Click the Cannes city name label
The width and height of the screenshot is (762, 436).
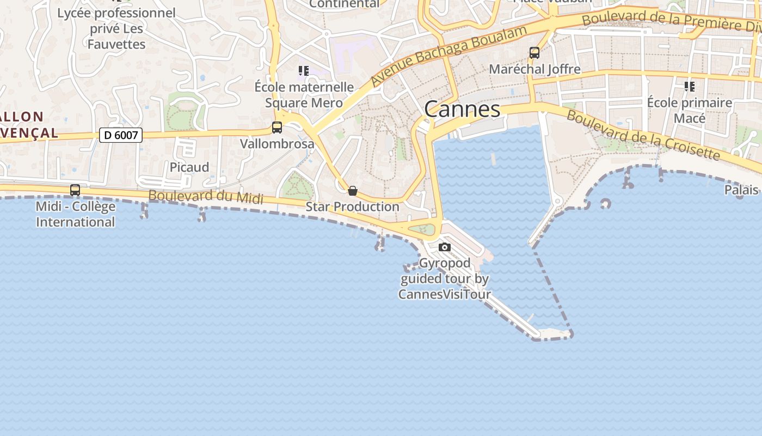(462, 109)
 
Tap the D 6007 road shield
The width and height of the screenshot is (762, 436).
(120, 135)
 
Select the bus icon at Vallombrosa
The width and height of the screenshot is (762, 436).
(277, 128)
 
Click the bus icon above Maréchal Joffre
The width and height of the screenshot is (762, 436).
(534, 53)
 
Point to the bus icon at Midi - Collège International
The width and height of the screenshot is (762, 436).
(75, 190)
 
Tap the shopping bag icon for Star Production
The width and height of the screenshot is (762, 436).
(353, 191)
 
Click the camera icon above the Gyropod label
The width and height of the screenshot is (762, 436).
(445, 247)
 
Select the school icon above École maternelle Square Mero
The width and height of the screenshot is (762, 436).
(304, 71)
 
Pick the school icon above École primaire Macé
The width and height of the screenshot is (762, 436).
(690, 86)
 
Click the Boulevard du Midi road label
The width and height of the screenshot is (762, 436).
(206, 197)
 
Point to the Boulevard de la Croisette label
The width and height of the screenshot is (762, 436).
(643, 135)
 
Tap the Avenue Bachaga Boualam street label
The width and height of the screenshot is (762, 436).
(449, 55)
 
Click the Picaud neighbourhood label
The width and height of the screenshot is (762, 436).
(189, 167)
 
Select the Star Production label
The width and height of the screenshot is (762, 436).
(352, 207)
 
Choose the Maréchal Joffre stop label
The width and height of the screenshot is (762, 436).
(534, 69)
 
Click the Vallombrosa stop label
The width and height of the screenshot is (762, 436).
(277, 144)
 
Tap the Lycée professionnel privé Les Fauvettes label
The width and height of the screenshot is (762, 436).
(116, 28)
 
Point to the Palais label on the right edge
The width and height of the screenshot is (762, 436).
(741, 190)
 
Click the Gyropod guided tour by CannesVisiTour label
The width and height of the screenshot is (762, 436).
(445, 279)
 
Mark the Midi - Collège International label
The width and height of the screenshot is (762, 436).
(76, 214)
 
